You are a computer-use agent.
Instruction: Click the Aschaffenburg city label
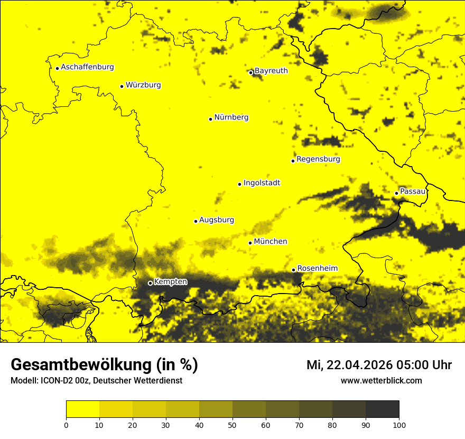[87, 67]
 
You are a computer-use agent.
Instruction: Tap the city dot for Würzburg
[122, 86]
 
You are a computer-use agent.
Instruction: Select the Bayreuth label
[271, 70]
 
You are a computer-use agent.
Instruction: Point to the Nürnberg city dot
[210, 119]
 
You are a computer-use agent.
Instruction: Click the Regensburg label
[318, 159]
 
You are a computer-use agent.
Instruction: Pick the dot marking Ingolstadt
[239, 184]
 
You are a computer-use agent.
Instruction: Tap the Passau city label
[413, 191]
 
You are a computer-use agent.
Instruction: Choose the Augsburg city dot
[196, 221]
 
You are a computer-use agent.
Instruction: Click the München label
[271, 241]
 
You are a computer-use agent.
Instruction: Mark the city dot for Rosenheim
[293, 270]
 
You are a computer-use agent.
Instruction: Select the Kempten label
[170, 281]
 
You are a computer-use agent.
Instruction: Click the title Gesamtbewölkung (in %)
[104, 365]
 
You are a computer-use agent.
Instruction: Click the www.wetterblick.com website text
[382, 380]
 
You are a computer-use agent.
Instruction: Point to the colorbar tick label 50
[232, 425]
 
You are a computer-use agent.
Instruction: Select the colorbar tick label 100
[399, 425]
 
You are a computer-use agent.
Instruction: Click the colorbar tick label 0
[66, 425]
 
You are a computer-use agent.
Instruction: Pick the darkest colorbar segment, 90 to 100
[382, 409]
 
